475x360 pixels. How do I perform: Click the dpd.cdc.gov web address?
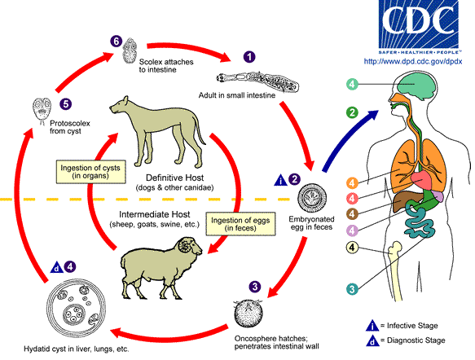click(413, 61)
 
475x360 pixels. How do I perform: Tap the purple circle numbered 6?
click(116, 42)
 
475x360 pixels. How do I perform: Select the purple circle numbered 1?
click(249, 57)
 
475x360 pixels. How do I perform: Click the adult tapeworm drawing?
click(257, 81)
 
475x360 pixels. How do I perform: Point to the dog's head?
click(120, 105)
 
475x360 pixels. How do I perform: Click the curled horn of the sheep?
click(186, 245)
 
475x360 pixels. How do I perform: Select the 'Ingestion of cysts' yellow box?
click(91, 172)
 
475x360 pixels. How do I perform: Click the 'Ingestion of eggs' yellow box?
click(240, 224)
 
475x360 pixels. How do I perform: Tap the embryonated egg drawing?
click(312, 198)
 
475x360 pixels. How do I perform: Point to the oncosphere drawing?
click(248, 314)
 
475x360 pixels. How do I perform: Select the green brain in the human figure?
click(416, 87)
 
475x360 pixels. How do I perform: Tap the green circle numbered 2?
click(352, 112)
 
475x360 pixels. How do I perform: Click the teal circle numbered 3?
click(352, 288)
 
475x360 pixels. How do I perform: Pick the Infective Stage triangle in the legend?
click(372, 326)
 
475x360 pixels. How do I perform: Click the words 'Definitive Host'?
click(175, 178)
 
